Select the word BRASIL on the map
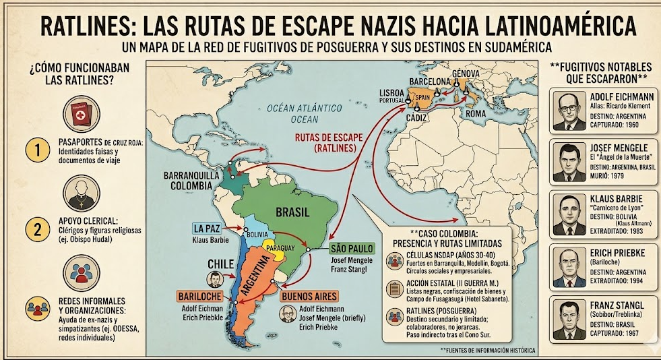pos(291,212)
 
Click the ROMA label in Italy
pos(475,113)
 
